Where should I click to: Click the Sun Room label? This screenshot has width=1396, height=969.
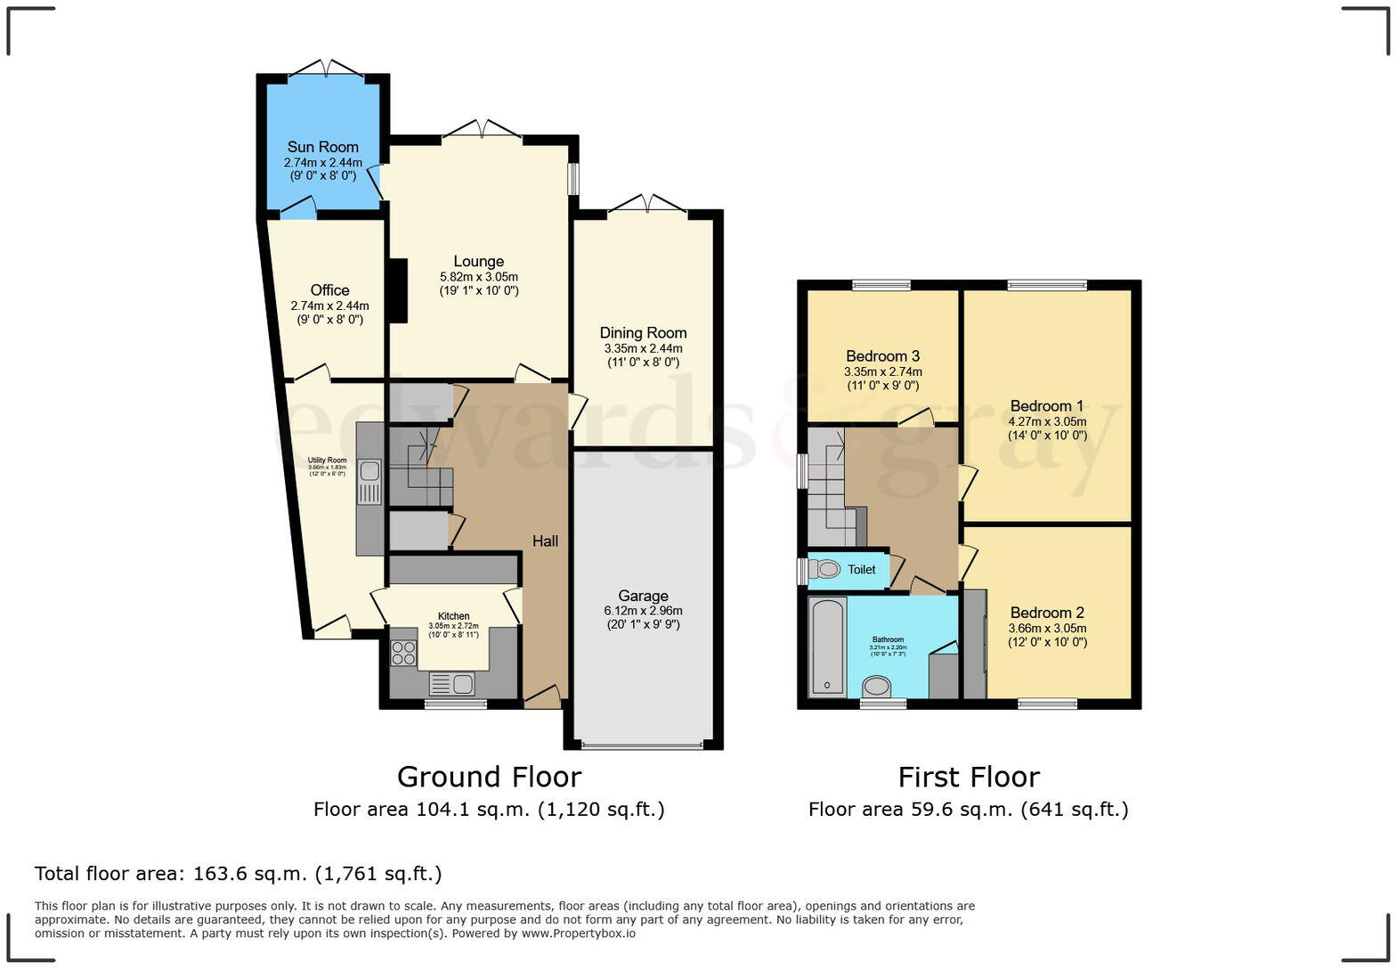coord(322,147)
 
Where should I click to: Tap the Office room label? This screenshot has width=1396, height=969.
coord(329,290)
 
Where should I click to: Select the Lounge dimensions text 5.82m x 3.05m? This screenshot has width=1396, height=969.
coord(479,277)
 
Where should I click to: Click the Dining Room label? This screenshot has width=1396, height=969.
coord(643,333)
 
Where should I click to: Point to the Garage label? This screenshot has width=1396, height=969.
coord(643,596)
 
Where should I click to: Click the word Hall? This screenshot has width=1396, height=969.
coord(545,541)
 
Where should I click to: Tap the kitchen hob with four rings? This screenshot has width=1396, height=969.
coord(403,653)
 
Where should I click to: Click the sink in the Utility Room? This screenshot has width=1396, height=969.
coord(370,470)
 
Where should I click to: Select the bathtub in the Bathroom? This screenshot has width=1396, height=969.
coord(828,647)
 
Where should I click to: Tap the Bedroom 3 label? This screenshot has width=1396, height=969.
coord(882,356)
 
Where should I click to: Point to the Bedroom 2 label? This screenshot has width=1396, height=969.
coord(1047,613)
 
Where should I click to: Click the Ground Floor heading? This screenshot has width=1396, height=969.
coord(489,777)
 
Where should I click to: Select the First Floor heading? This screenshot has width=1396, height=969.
coord(969,777)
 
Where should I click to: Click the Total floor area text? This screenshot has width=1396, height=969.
coord(238,874)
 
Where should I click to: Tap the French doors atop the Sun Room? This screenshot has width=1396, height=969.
coord(327,69)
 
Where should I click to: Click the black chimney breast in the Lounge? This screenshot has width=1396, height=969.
coord(397,290)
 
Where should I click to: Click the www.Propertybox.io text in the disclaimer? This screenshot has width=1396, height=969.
coord(578,933)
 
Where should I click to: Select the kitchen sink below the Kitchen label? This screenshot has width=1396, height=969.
coord(462,684)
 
